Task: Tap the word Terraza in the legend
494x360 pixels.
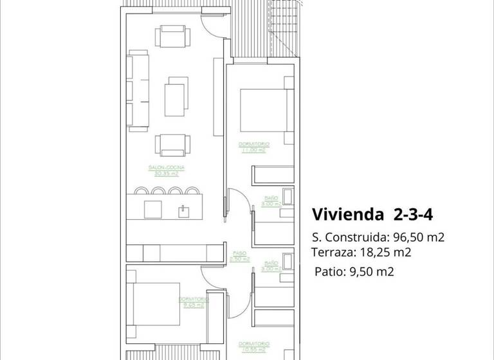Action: click(x=331, y=252)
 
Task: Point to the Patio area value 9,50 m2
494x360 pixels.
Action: click(x=370, y=271)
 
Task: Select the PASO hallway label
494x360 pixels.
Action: click(x=235, y=256)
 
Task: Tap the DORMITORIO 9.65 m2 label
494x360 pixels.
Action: click(x=194, y=302)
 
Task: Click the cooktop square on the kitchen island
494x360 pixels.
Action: click(x=152, y=210)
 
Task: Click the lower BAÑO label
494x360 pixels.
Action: click(x=271, y=265)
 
